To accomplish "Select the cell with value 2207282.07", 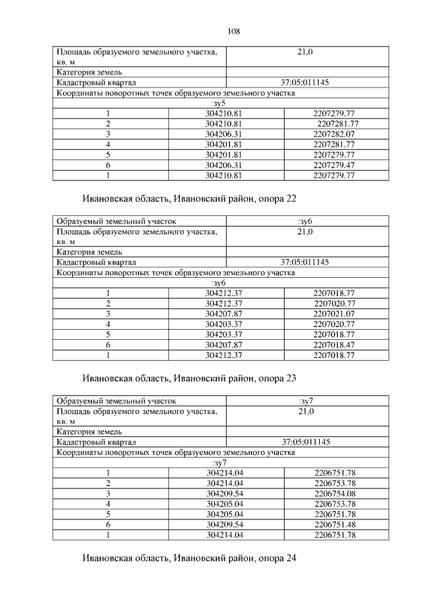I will tap(334, 134).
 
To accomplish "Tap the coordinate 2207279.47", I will tap(334, 165).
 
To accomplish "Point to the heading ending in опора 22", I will tap(190, 199).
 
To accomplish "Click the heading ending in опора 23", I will tap(190, 378).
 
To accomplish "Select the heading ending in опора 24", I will tap(190, 558).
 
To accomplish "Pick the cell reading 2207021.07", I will tap(334, 314).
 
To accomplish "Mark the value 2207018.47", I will tap(334, 345).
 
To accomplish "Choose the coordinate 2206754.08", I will tap(335, 493).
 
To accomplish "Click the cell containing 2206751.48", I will tap(335, 524).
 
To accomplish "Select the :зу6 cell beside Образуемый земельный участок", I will tap(306, 221).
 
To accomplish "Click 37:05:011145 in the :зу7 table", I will tap(306, 442).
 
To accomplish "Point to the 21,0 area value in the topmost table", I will tap(306, 52).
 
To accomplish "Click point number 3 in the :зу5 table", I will tap(108, 134).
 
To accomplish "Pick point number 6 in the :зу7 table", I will tap(108, 524).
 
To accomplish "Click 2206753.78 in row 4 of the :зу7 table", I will tap(335, 504).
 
